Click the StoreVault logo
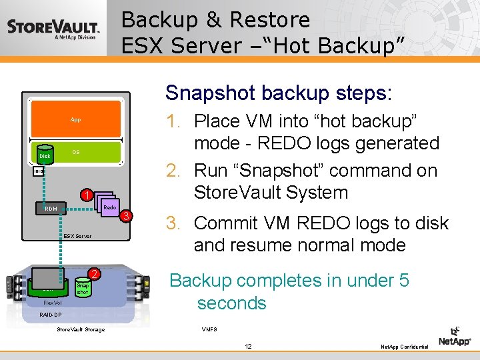[x=53, y=29]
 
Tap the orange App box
[x=75, y=120]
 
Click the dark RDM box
[x=51, y=209]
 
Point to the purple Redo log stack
[x=107, y=205]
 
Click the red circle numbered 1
[x=85, y=195]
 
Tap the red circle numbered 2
[x=95, y=275]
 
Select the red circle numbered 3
[x=125, y=216]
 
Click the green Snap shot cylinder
[x=83, y=287]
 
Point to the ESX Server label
[x=78, y=236]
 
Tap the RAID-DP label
[x=50, y=315]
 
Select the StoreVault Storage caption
[x=81, y=329]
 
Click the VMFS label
[x=209, y=329]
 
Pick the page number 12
[x=248, y=346]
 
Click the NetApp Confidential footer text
[x=404, y=347]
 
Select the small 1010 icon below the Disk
[x=39, y=171]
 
